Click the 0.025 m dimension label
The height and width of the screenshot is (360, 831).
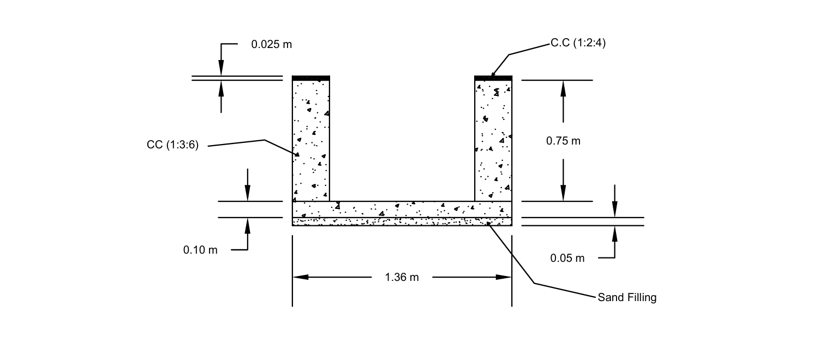click(271, 45)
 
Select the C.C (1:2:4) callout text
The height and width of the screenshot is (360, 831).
click(578, 44)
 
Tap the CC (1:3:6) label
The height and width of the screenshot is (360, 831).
click(172, 145)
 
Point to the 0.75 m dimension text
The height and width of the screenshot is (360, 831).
click(563, 141)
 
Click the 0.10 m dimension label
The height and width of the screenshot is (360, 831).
click(200, 250)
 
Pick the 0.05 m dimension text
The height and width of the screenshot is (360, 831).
click(567, 258)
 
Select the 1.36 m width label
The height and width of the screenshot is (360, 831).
click(402, 277)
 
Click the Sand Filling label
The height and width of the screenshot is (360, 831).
click(627, 298)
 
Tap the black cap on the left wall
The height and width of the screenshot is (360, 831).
click(311, 78)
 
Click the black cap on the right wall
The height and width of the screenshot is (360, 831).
click(493, 78)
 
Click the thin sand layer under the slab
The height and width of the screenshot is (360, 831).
click(402, 221)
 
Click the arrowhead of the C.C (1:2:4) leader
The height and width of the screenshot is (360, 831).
click(492, 75)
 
